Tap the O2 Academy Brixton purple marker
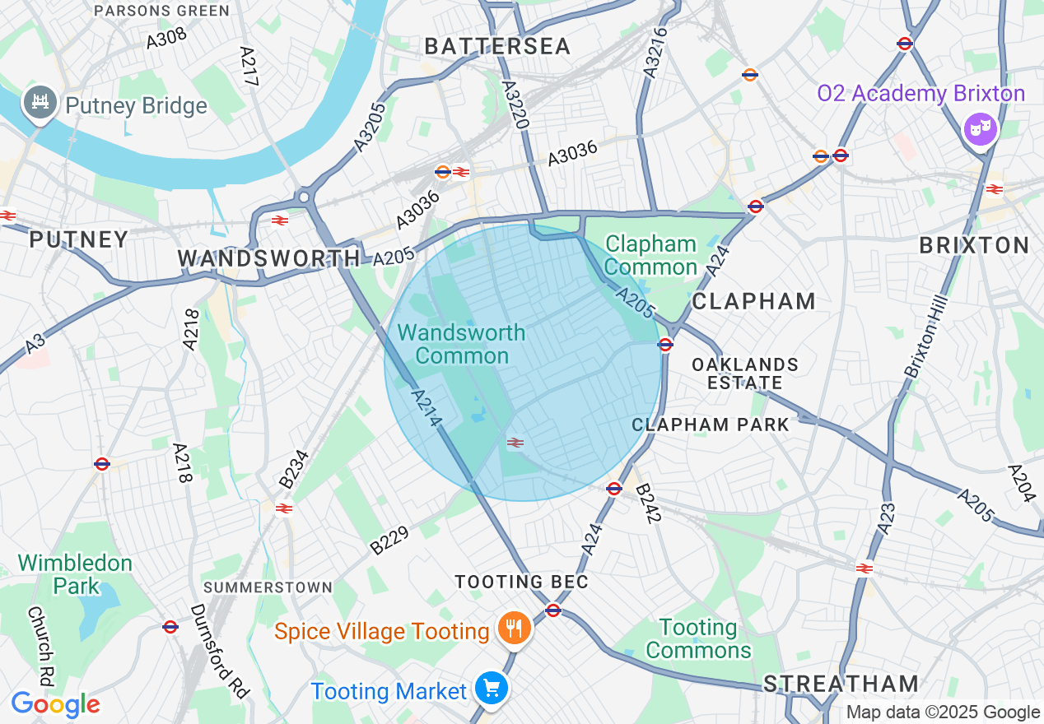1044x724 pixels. pyautogui.click(x=981, y=129)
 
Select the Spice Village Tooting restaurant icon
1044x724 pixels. pyautogui.click(x=515, y=630)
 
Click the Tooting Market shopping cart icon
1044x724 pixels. pyautogui.click(x=492, y=689)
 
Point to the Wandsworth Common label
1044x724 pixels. pyautogui.click(x=461, y=344)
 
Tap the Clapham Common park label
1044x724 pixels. pyautogui.click(x=650, y=256)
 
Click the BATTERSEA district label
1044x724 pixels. pyautogui.click(x=497, y=47)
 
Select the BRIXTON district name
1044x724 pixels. pyautogui.click(x=974, y=245)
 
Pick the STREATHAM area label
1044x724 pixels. pyautogui.click(x=840, y=684)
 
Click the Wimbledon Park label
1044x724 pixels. pyautogui.click(x=75, y=574)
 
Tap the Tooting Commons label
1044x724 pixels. pyautogui.click(x=698, y=639)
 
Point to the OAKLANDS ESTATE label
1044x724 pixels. pyautogui.click(x=745, y=374)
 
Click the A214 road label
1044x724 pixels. pyautogui.click(x=426, y=407)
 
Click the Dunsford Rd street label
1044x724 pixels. pyautogui.click(x=219, y=651)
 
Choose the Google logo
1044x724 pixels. pyautogui.click(x=55, y=705)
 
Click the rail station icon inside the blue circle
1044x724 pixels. pyautogui.click(x=516, y=443)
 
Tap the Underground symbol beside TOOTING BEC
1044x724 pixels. pyautogui.click(x=553, y=610)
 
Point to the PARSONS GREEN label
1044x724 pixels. pyautogui.click(x=161, y=11)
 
